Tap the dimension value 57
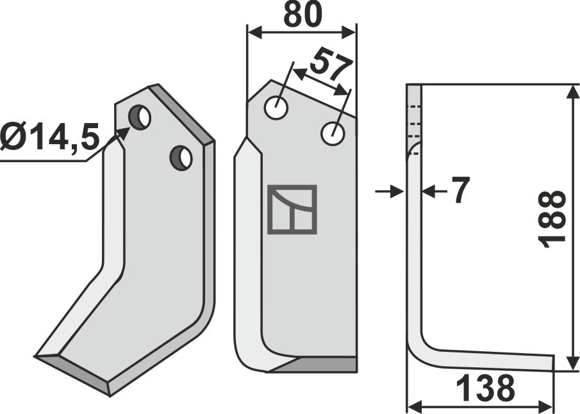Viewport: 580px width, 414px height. (331, 67)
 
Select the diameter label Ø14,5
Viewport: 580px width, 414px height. (50, 137)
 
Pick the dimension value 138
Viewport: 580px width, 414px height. (486, 388)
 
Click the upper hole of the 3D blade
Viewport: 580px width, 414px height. (139, 117)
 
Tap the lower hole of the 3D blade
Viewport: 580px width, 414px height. (181, 157)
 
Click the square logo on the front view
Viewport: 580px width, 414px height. (292, 209)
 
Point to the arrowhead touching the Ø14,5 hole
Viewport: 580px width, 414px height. (123, 133)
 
